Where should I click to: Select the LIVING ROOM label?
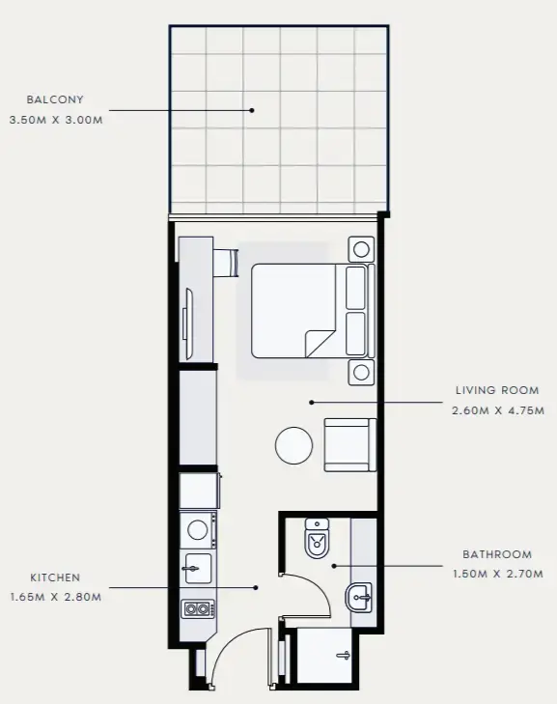pos(497,391)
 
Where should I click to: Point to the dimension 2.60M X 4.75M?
pos(497,410)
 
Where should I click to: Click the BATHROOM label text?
pos(497,554)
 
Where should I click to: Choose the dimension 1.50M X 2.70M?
pos(497,574)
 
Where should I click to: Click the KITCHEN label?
pos(55,577)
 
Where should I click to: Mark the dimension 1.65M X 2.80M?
pos(55,597)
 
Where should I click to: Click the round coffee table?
pos(294,445)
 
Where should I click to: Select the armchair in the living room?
pos(348,444)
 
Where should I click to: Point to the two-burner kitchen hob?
pos(197,608)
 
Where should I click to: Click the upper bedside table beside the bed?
pos(362,249)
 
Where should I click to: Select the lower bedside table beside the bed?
pos(362,371)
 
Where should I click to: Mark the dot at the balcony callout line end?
pos(252,109)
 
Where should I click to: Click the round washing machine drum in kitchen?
pos(197,528)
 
